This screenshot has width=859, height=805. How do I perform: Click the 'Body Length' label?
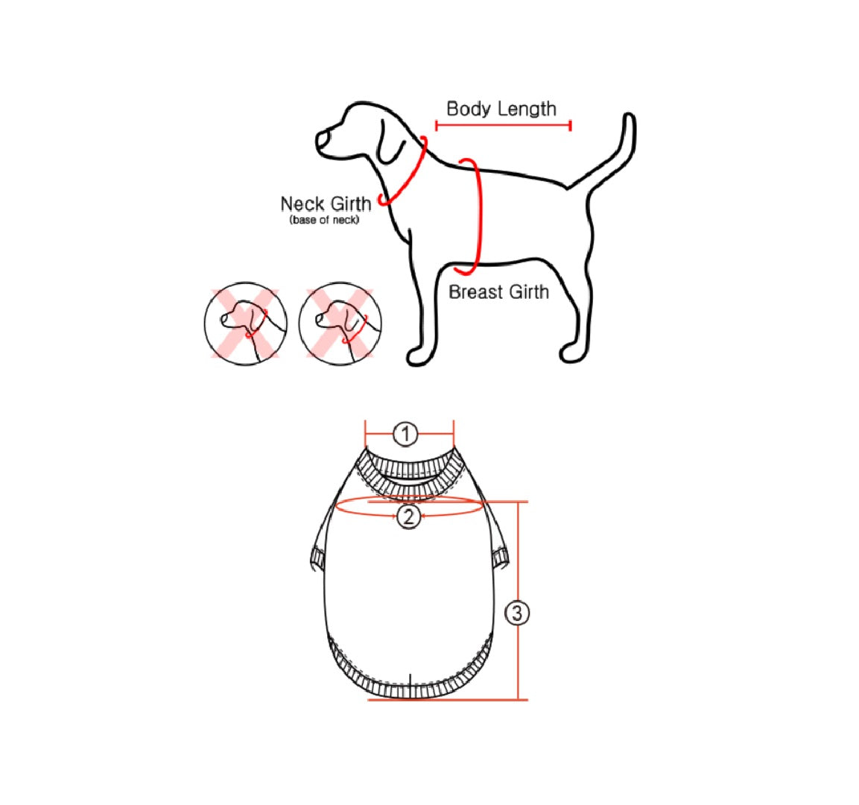501,109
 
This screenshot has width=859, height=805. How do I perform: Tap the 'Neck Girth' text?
326,203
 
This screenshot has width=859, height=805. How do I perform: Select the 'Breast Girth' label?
498,292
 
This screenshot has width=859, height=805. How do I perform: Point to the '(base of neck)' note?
324,221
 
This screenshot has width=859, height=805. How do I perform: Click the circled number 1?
405,434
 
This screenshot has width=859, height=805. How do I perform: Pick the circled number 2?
408,516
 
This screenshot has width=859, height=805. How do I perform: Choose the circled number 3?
518,613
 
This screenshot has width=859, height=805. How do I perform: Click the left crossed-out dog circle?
245,323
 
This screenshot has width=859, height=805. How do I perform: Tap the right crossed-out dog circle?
340,323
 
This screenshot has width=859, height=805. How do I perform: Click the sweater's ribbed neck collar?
408,470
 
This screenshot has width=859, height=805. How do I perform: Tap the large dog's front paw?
419,356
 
